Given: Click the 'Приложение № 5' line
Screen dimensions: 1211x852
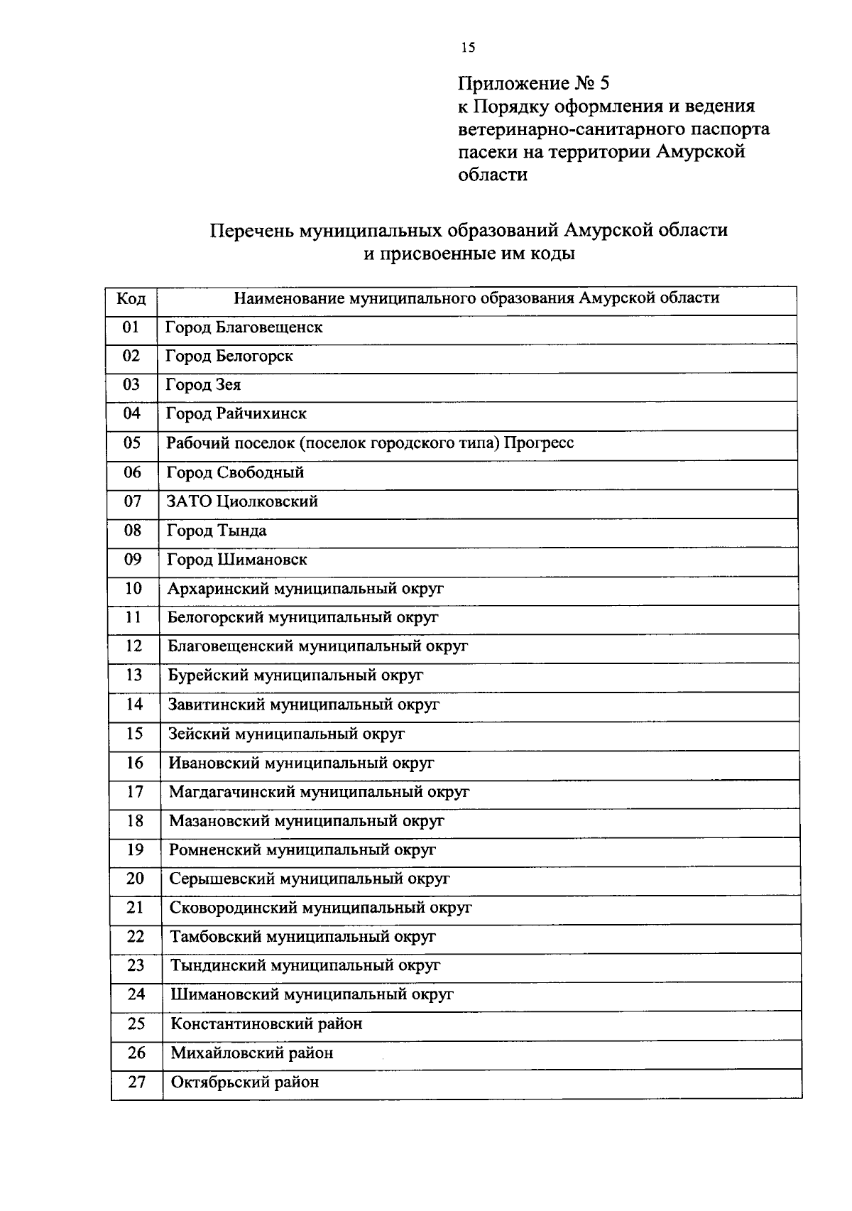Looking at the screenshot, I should click(533, 84).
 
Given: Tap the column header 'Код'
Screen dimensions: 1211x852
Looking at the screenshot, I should click(131, 299).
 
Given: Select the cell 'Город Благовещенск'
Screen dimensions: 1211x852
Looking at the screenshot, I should click(244, 327).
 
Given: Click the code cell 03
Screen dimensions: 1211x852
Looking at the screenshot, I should click(132, 385).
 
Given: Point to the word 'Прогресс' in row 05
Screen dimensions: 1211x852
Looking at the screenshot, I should click(539, 443).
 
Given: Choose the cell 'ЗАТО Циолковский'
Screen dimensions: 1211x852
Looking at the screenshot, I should click(242, 501).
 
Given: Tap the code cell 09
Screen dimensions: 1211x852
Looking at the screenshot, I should click(133, 560).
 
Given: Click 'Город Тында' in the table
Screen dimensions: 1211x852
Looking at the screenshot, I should click(217, 531).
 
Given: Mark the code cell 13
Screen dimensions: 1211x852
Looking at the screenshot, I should click(134, 675).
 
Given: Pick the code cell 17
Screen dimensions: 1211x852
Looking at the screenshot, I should click(135, 792).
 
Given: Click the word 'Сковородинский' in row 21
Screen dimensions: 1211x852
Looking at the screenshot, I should click(234, 908).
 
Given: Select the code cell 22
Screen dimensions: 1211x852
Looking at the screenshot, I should click(136, 937).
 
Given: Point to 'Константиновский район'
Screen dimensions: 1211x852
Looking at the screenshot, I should click(266, 1024).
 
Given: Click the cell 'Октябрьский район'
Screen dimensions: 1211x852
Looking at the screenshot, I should click(245, 1082).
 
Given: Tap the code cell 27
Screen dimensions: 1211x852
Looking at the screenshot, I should click(136, 1082).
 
